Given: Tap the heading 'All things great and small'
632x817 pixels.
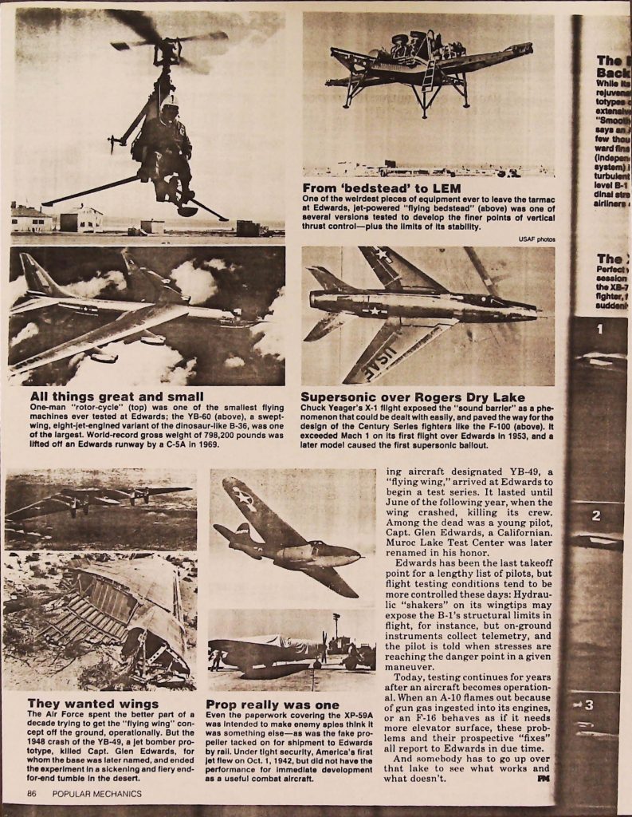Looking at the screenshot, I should click(x=117, y=397).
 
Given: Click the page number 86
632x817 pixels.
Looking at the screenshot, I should click(x=32, y=794).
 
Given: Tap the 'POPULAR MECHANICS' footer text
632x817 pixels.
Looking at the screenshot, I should click(x=97, y=794).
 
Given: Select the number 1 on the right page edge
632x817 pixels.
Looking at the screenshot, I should click(x=599, y=329).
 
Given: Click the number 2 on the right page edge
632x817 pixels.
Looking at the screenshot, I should click(x=596, y=516).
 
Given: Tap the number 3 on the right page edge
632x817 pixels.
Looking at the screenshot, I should click(x=588, y=705).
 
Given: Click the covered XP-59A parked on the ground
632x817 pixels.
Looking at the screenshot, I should click(x=271, y=650).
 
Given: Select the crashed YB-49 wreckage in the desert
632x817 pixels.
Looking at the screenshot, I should click(x=120, y=614).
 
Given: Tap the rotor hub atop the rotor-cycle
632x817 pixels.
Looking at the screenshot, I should click(x=167, y=46).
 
